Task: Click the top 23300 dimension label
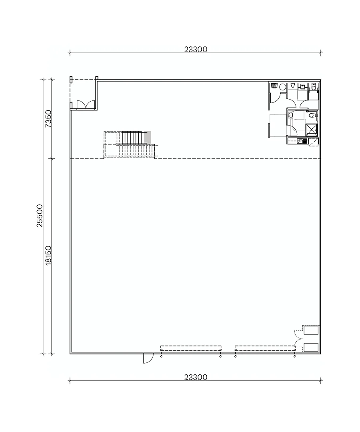pos(196,49)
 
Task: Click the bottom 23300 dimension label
pos(196,377)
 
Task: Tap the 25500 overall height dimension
pos(40,216)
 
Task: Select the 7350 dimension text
pos(48,118)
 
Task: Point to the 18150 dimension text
pos(48,256)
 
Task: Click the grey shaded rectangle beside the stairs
pos(148,137)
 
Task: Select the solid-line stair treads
pos(132,137)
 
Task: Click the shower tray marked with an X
pos(311,130)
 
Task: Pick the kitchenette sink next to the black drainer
pos(299,141)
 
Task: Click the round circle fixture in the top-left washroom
pos(283,87)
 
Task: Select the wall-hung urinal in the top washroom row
pos(293,85)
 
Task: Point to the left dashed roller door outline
pos(191,348)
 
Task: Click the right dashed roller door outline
pos(265,348)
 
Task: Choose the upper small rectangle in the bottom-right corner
pos(311,330)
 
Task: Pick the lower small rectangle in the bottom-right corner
pos(311,348)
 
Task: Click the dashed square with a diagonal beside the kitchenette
pos(314,142)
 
